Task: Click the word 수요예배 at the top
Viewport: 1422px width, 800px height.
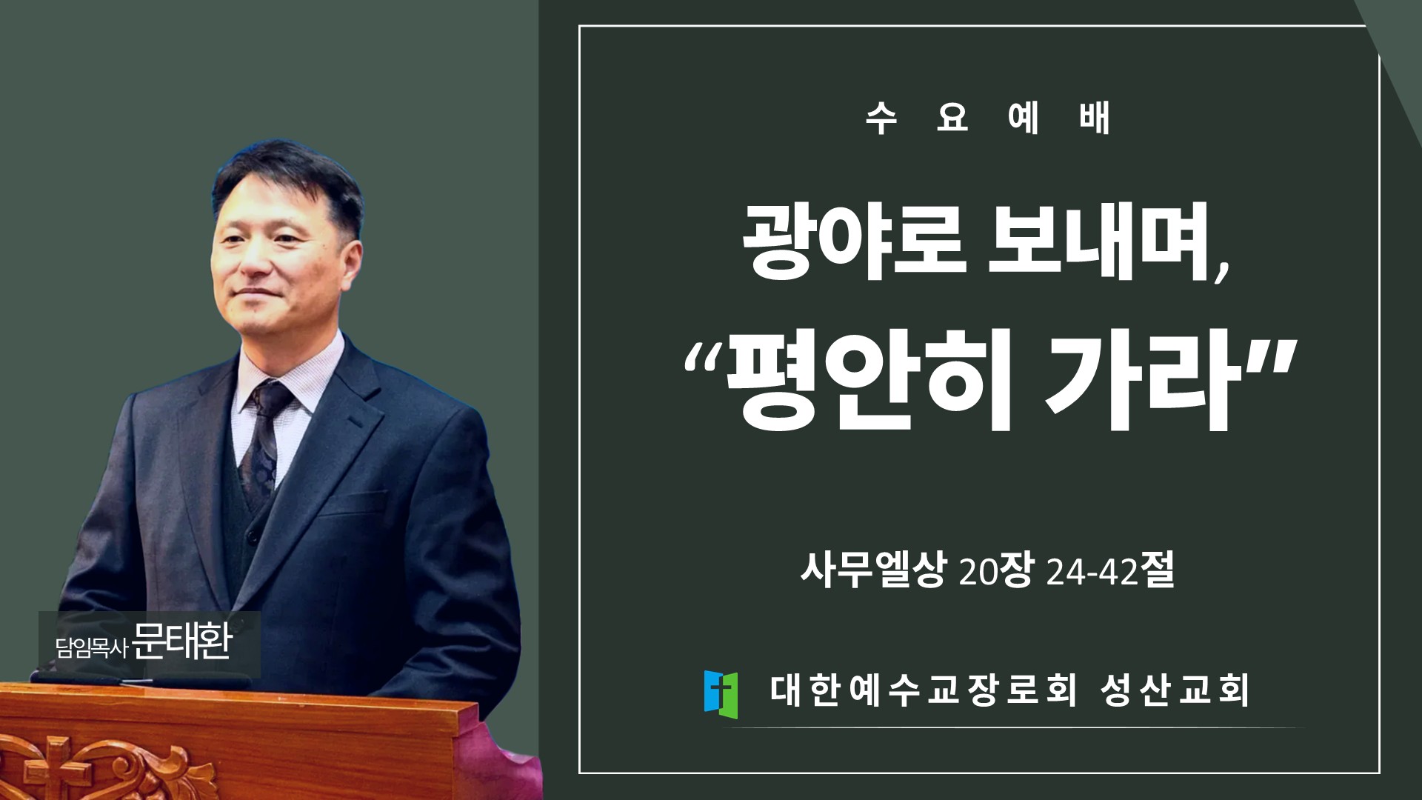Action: pyautogui.click(x=988, y=117)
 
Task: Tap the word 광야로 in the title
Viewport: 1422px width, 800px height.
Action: pyautogui.click(x=854, y=240)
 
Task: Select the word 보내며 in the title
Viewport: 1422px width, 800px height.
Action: pyautogui.click(x=1099, y=240)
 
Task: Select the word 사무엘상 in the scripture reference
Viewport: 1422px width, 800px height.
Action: pyautogui.click(x=873, y=570)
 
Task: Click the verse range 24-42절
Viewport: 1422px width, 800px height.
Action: pyautogui.click(x=1110, y=570)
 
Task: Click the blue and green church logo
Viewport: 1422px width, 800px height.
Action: pyautogui.click(x=721, y=694)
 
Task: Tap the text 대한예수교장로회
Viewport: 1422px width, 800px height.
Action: pyautogui.click(x=923, y=690)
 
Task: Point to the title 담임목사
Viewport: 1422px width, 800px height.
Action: pyautogui.click(x=92, y=647)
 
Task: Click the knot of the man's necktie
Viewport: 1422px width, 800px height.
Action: pyautogui.click(x=272, y=399)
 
